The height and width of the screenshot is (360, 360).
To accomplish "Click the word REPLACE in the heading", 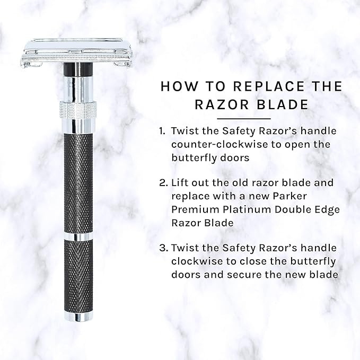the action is tap(269, 86).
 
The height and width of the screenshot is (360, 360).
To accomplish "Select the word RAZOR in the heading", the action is tap(222, 104).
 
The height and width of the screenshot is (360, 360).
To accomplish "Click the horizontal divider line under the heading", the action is tap(244, 119).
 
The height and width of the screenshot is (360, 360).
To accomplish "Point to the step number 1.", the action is tap(162, 131).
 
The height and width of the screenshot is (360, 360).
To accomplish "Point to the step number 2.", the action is tap(164, 183).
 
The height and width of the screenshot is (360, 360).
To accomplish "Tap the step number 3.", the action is tap(164, 248).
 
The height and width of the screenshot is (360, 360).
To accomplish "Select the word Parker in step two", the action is tap(290, 196).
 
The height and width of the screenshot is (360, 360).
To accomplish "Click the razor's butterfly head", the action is tap(77, 53).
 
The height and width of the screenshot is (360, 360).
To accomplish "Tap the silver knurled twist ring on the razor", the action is tap(78, 110).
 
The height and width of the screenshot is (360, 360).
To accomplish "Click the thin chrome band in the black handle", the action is tap(78, 236).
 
